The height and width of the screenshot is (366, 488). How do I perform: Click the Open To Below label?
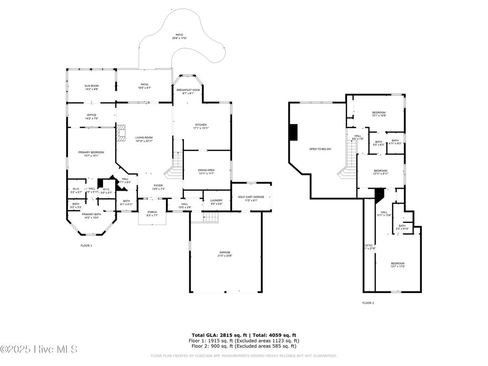tap(320, 149)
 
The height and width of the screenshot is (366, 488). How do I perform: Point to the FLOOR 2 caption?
tap(368, 303)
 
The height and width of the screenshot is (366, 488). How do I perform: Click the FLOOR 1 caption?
tap(86, 245)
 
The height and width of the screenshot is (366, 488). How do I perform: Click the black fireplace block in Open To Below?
tap(294, 132)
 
